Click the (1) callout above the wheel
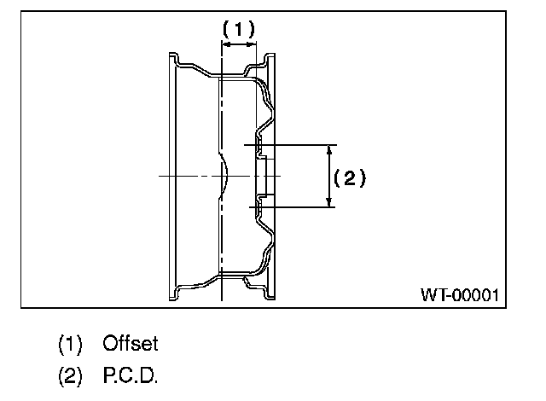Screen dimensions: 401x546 tap(238, 28)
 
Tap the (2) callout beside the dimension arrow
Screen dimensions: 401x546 tap(349, 177)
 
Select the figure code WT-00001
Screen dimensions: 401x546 tap(459, 295)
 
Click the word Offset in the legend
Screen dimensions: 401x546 tap(131, 344)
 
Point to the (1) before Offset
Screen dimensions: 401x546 tap(70, 345)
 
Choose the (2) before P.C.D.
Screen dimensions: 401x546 tap(70, 375)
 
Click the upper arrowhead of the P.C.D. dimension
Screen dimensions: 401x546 tap(330, 149)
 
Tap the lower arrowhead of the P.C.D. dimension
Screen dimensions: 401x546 tap(330, 202)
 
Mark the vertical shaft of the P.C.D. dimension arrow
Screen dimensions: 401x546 tap(330, 176)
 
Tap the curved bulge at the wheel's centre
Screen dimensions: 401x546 tap(224, 176)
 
